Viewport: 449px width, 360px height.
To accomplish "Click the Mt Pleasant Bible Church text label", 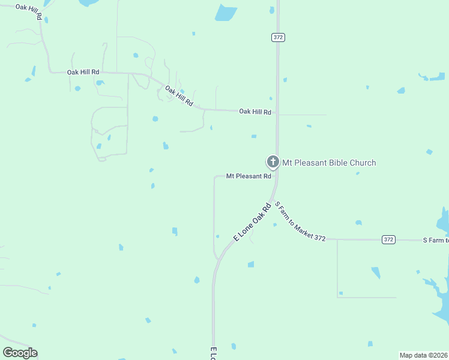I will point(329,162).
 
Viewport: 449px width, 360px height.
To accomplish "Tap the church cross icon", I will point(273,161).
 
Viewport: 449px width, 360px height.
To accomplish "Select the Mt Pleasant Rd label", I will point(249,176).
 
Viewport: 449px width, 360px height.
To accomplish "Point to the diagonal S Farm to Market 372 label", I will point(300,221).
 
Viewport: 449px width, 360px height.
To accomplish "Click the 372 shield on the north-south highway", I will point(278,37).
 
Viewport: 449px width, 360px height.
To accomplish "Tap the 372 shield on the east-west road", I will point(388,239).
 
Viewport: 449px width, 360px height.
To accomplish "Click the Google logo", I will point(20,353).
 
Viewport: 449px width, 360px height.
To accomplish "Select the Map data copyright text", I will point(424,355).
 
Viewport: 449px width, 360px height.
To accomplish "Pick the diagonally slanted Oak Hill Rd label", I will point(179,96).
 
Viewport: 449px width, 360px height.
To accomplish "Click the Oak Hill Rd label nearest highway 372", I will point(255,112).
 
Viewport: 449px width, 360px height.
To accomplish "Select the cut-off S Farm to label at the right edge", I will point(435,240).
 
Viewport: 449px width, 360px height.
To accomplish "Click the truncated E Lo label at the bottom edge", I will point(213,353).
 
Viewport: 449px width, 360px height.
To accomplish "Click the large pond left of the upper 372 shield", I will point(226,12).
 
